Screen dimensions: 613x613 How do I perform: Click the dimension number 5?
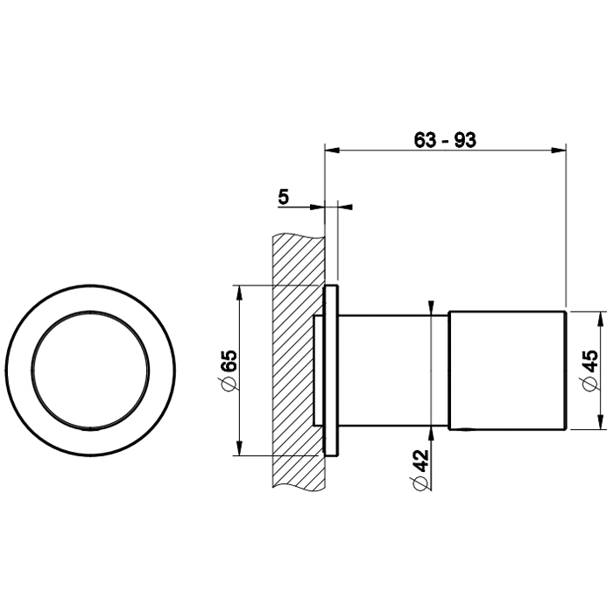click(283, 196)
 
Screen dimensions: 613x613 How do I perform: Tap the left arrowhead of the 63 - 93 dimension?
click(331, 150)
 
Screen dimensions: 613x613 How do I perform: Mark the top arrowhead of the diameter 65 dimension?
click(239, 291)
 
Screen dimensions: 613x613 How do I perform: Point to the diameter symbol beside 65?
click(229, 385)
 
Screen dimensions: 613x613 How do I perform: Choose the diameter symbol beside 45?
click(588, 387)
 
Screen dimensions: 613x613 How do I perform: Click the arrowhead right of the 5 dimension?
click(343, 207)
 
